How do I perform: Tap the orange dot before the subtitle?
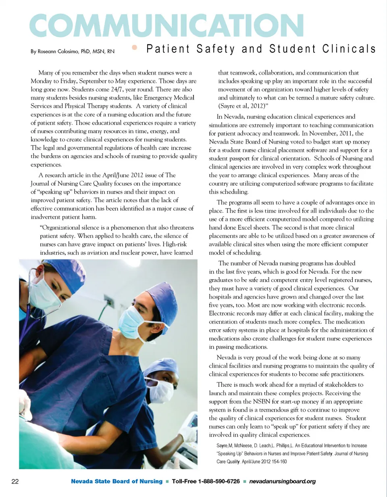coord(135,48)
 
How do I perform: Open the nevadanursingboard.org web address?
coord(282,481)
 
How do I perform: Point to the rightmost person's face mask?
coord(161,390)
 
